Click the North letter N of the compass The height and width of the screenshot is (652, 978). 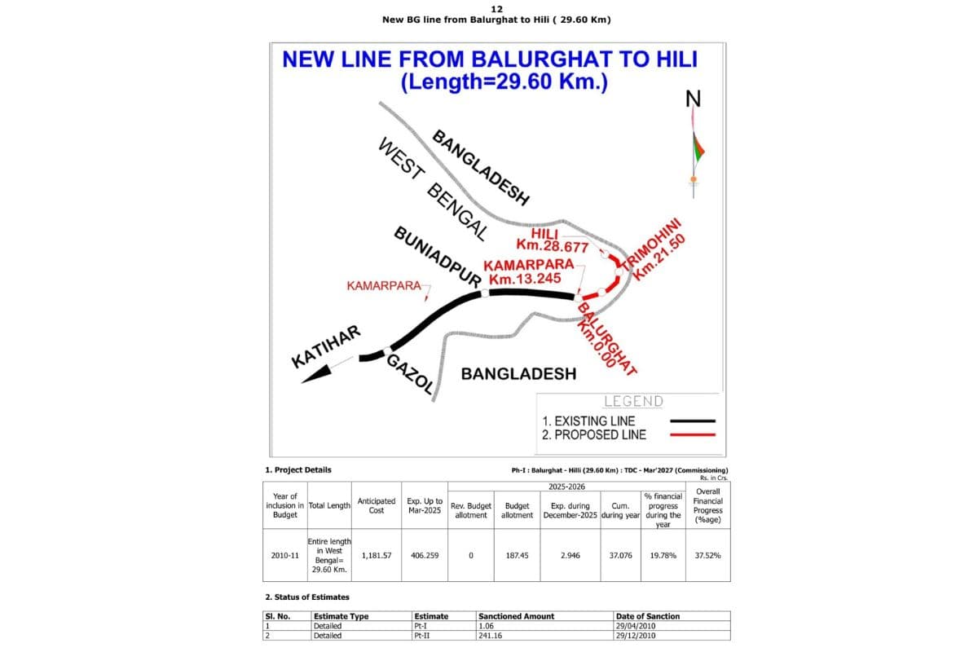pos(693,99)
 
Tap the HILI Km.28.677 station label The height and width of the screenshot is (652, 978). pos(552,240)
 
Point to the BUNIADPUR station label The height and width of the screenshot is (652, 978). pos(438,258)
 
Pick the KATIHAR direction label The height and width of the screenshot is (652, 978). pos(326,346)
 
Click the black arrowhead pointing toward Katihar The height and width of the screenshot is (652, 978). pos(317,374)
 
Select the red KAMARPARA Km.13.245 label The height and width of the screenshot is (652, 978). pos(527,271)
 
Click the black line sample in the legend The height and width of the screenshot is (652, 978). pos(693,421)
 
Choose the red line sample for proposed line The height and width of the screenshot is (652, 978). pos(693,435)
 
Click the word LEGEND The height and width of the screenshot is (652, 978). pos(633,401)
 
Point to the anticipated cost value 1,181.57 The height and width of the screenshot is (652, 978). pos(377,556)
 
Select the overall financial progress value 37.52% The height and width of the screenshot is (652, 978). pos(707,556)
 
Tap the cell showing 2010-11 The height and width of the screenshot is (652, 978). pos(284,556)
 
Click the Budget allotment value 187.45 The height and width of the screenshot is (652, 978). pos(517,556)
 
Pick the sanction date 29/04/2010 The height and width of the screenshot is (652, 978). pos(636,626)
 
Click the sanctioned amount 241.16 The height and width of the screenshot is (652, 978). pos(490,636)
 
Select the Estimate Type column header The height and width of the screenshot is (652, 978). pos(341,616)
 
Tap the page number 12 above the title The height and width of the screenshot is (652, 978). pos(496,9)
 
